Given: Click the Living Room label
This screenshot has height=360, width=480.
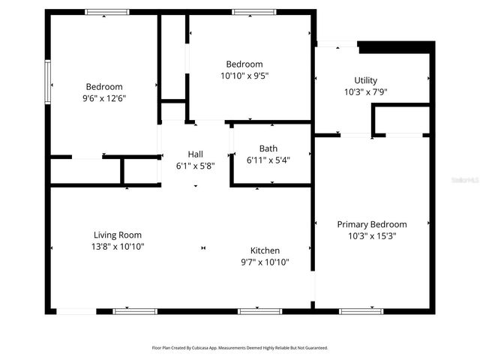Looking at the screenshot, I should click(x=117, y=235).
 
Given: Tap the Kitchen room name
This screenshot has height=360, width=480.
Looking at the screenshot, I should click(x=265, y=250).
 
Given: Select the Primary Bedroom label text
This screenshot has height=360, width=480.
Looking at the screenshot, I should click(x=371, y=224).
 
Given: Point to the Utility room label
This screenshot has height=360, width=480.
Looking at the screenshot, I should click(x=366, y=80).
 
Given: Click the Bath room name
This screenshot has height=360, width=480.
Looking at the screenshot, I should click(x=268, y=148).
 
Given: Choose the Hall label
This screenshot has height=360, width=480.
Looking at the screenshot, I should click(x=195, y=154).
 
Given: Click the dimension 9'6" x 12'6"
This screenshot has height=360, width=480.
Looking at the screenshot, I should click(x=104, y=98).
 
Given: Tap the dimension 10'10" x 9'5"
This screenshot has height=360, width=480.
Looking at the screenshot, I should click(x=244, y=76).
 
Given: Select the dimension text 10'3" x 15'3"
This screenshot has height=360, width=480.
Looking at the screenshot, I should click(x=371, y=236).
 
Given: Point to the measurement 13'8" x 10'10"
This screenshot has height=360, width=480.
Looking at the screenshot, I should click(x=117, y=247).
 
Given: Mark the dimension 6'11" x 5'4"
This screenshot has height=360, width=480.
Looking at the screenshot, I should click(x=268, y=160).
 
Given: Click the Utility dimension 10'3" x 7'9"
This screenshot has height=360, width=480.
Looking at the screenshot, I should click(x=366, y=92).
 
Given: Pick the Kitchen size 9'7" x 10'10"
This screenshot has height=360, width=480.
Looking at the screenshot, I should click(x=265, y=262).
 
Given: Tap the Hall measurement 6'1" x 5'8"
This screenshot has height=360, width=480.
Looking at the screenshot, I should click(x=195, y=165).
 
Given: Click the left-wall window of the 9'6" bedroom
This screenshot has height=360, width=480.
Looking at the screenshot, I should click(x=47, y=83).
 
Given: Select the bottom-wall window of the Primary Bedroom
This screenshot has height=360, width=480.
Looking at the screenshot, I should click(x=361, y=310).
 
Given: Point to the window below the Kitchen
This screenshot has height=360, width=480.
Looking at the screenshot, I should click(x=259, y=310).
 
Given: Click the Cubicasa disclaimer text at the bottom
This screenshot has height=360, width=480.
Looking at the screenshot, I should click(x=240, y=348).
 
